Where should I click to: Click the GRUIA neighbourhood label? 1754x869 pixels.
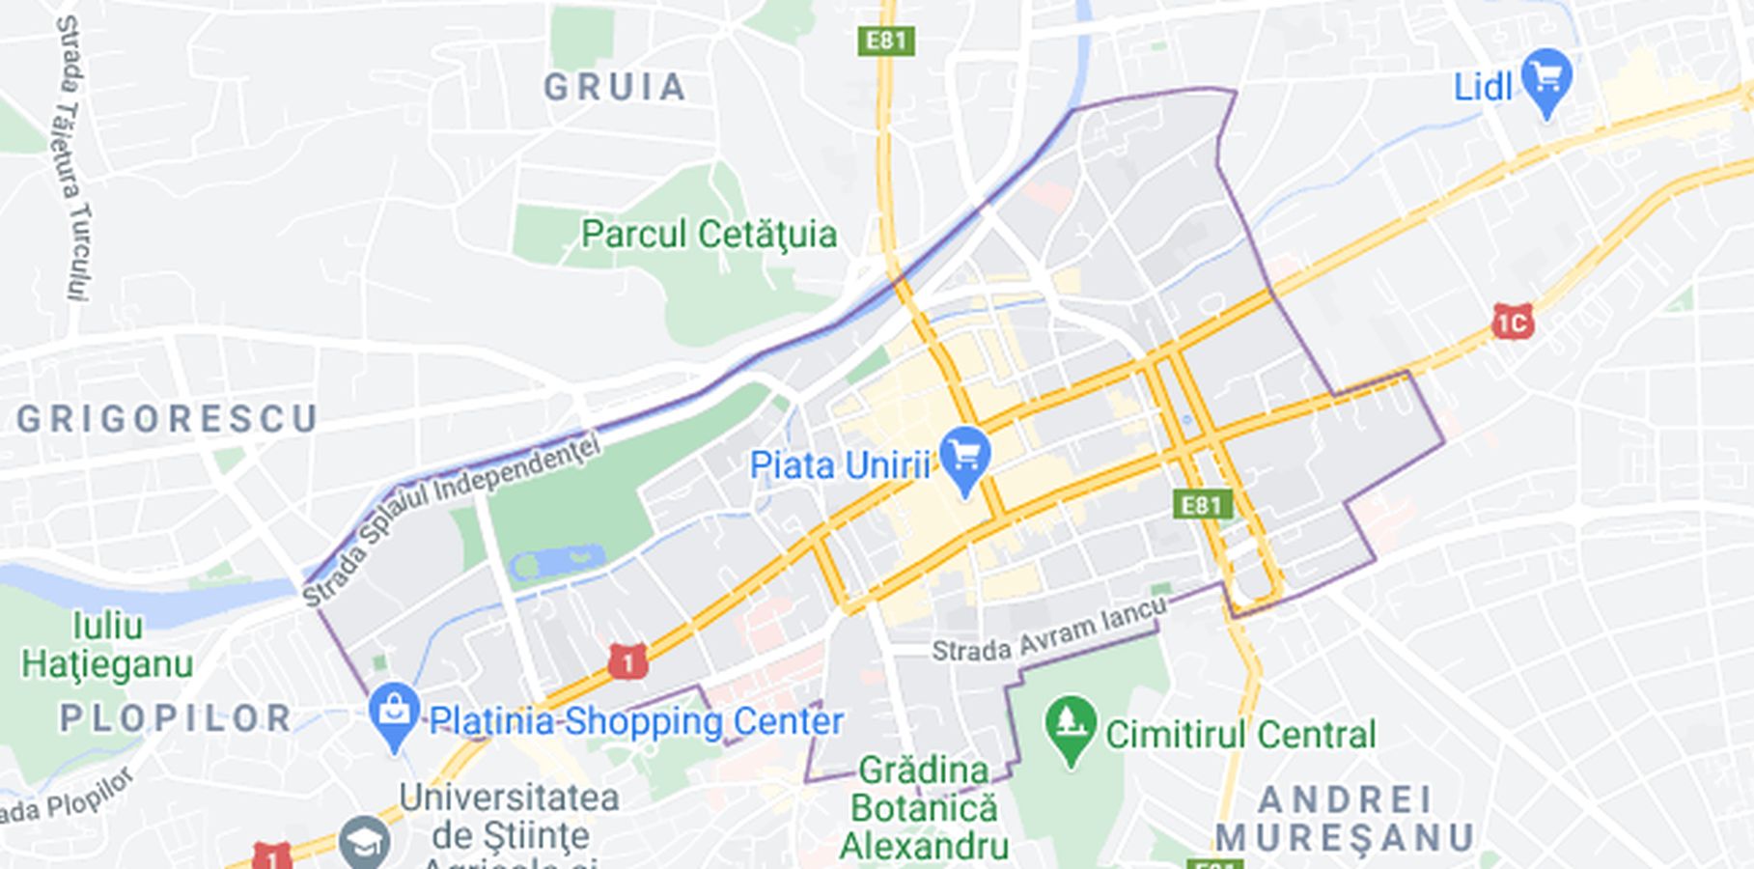[615, 88]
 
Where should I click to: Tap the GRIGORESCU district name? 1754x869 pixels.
[167, 419]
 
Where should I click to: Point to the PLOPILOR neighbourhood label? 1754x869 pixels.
[177, 718]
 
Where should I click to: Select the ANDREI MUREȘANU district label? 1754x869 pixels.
[1345, 819]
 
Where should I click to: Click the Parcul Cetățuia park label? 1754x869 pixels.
[709, 235]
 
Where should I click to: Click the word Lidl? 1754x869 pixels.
[1483, 88]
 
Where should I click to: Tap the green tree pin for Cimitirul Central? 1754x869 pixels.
[1071, 726]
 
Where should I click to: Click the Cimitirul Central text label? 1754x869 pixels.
[1240, 735]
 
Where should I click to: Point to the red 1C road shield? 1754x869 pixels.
[1513, 322]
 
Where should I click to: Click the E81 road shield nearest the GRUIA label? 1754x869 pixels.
[886, 41]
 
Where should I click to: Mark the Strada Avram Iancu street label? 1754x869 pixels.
[1049, 631]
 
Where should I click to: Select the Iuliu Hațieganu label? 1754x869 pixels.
[107, 645]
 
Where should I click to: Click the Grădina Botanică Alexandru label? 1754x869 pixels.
[924, 808]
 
